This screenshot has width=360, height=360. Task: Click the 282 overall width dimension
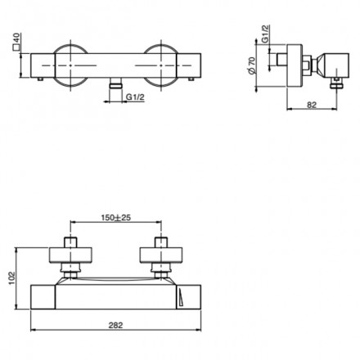point(115,325)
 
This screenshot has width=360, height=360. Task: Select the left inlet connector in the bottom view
point(71,256)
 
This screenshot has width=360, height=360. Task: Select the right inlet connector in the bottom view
point(162,256)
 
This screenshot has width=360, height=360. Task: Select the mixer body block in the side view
point(331,62)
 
